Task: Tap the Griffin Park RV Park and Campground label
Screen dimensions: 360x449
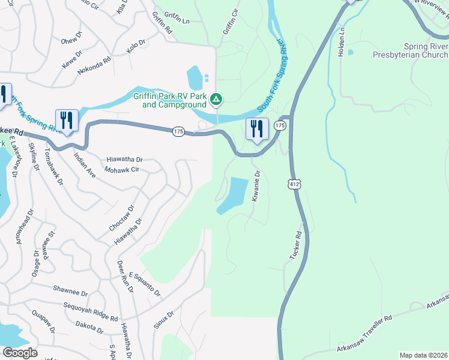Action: coord(175,100)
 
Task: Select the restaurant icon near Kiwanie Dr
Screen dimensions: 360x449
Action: coord(257,130)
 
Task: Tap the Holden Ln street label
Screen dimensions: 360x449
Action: coord(342,41)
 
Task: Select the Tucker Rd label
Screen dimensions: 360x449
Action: coord(295,246)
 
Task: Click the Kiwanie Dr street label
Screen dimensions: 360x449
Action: coord(256,186)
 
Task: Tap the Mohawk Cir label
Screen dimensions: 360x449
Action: coord(122,170)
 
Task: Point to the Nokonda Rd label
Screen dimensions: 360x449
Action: coord(94,65)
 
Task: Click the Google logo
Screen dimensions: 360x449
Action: coord(20,353)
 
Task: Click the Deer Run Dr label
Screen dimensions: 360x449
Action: coord(125,277)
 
